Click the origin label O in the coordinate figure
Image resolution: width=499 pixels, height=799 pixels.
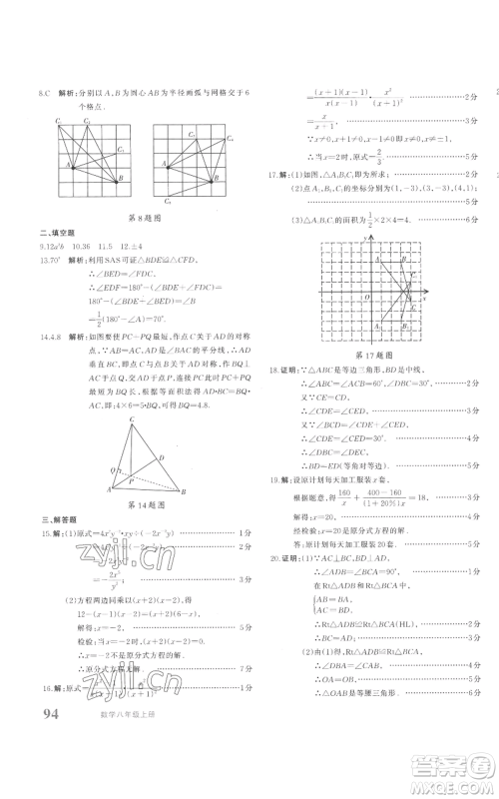coord(366,297)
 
